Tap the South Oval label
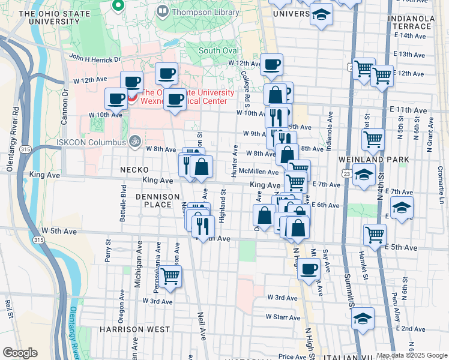tap(219, 51)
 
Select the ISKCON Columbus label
tap(92, 142)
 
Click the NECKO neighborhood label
tap(133, 170)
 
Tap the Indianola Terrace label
tap(411, 23)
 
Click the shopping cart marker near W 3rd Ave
tap(170, 277)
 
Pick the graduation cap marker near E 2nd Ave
tap(363, 319)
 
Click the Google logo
tap(20, 353)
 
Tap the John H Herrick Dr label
tap(95, 58)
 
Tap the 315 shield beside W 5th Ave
tap(39, 239)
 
